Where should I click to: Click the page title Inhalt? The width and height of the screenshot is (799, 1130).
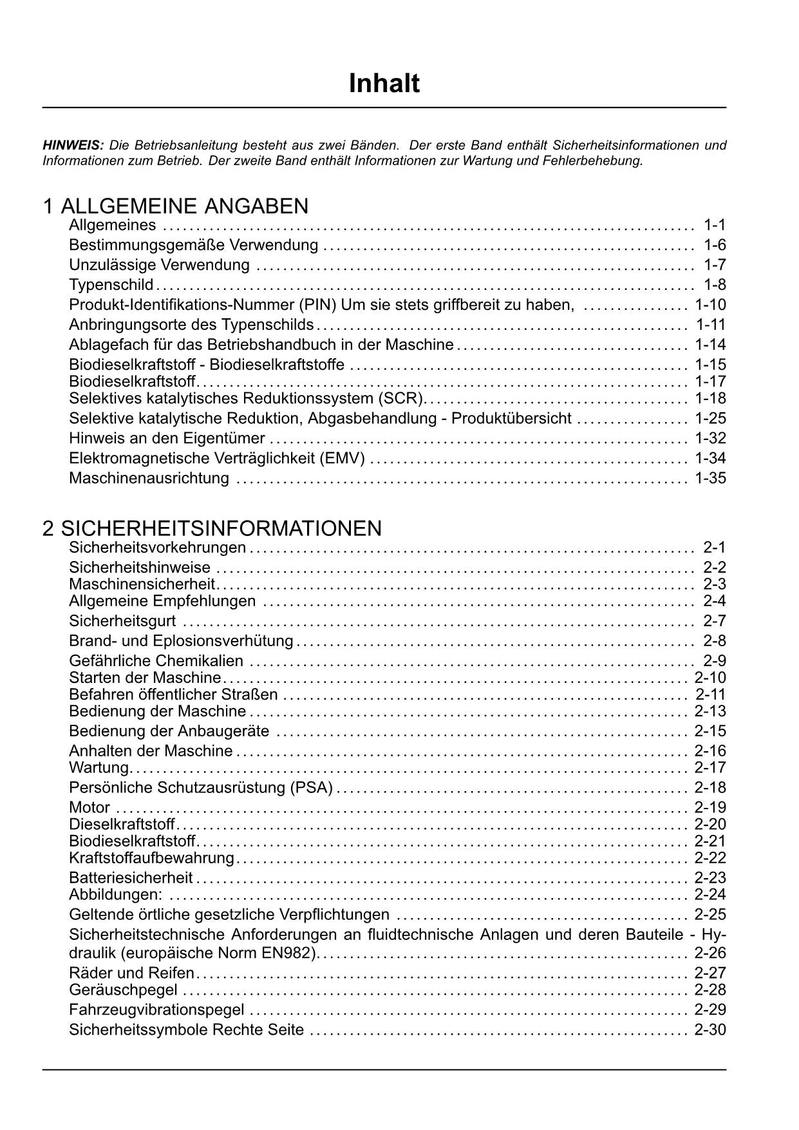pyautogui.click(x=384, y=84)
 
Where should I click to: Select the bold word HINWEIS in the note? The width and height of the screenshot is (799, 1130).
pyautogui.click(x=73, y=145)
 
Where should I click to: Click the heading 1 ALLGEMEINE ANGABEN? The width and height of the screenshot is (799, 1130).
pyautogui.click(x=175, y=206)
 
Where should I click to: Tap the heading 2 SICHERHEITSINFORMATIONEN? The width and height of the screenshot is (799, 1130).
pyautogui.click(x=212, y=528)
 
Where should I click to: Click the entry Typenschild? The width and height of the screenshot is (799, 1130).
pyautogui.click(x=111, y=285)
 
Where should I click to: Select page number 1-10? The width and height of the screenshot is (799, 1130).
pyautogui.click(x=710, y=305)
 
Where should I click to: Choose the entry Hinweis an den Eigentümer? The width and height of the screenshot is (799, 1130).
pyautogui.click(x=167, y=439)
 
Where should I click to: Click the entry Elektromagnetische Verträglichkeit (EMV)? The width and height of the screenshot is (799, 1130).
pyautogui.click(x=217, y=459)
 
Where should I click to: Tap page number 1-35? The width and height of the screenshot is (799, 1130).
pyautogui.click(x=710, y=479)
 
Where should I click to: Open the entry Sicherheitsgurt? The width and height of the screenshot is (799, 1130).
pyautogui.click(x=122, y=622)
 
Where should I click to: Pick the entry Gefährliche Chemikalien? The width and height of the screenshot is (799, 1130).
pyautogui.click(x=156, y=661)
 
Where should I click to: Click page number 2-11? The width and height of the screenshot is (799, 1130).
pyautogui.click(x=710, y=694)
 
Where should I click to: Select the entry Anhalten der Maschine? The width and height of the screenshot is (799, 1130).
pyautogui.click(x=151, y=751)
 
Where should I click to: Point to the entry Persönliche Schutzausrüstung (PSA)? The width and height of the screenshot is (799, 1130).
pyautogui.click(x=201, y=788)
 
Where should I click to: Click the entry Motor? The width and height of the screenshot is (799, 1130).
pyautogui.click(x=89, y=808)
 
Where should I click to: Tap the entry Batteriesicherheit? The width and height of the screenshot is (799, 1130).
pyautogui.click(x=131, y=878)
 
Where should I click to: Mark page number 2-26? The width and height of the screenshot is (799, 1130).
pyautogui.click(x=710, y=953)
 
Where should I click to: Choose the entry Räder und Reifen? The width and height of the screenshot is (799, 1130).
pyautogui.click(x=131, y=973)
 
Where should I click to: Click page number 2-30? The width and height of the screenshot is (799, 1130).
pyautogui.click(x=710, y=1029)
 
